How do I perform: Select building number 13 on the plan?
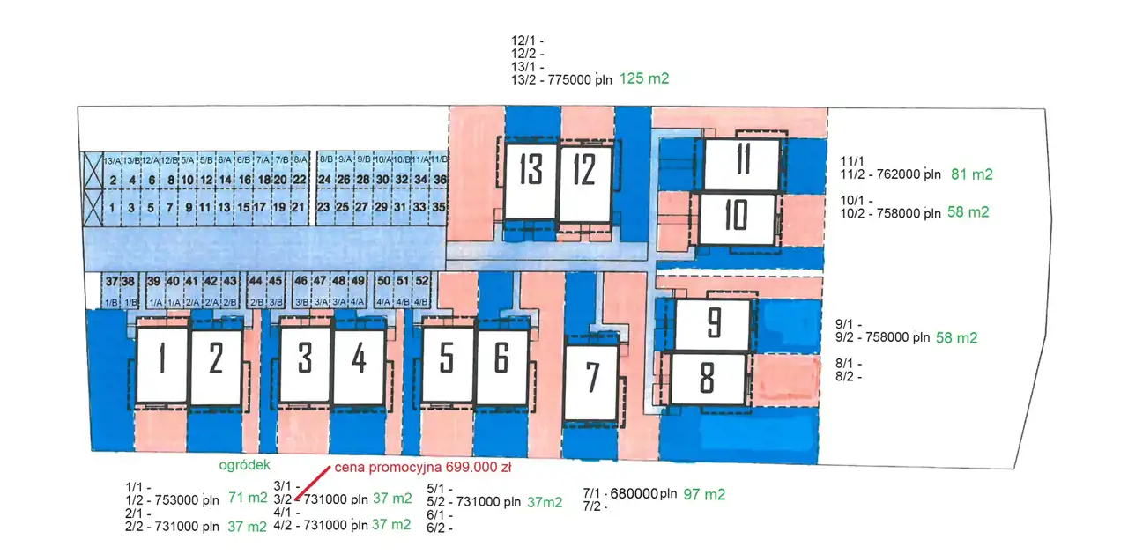(530, 182)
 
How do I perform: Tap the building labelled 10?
(737, 218)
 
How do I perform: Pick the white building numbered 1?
(161, 366)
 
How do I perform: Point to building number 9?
(713, 325)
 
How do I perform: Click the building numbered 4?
(359, 366)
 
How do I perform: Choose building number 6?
(501, 366)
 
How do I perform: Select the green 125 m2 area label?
(644, 78)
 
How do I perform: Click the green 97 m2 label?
(704, 494)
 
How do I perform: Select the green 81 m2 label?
(972, 174)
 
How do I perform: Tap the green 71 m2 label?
(248, 498)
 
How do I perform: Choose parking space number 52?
(422, 281)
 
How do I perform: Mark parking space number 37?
(111, 281)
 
